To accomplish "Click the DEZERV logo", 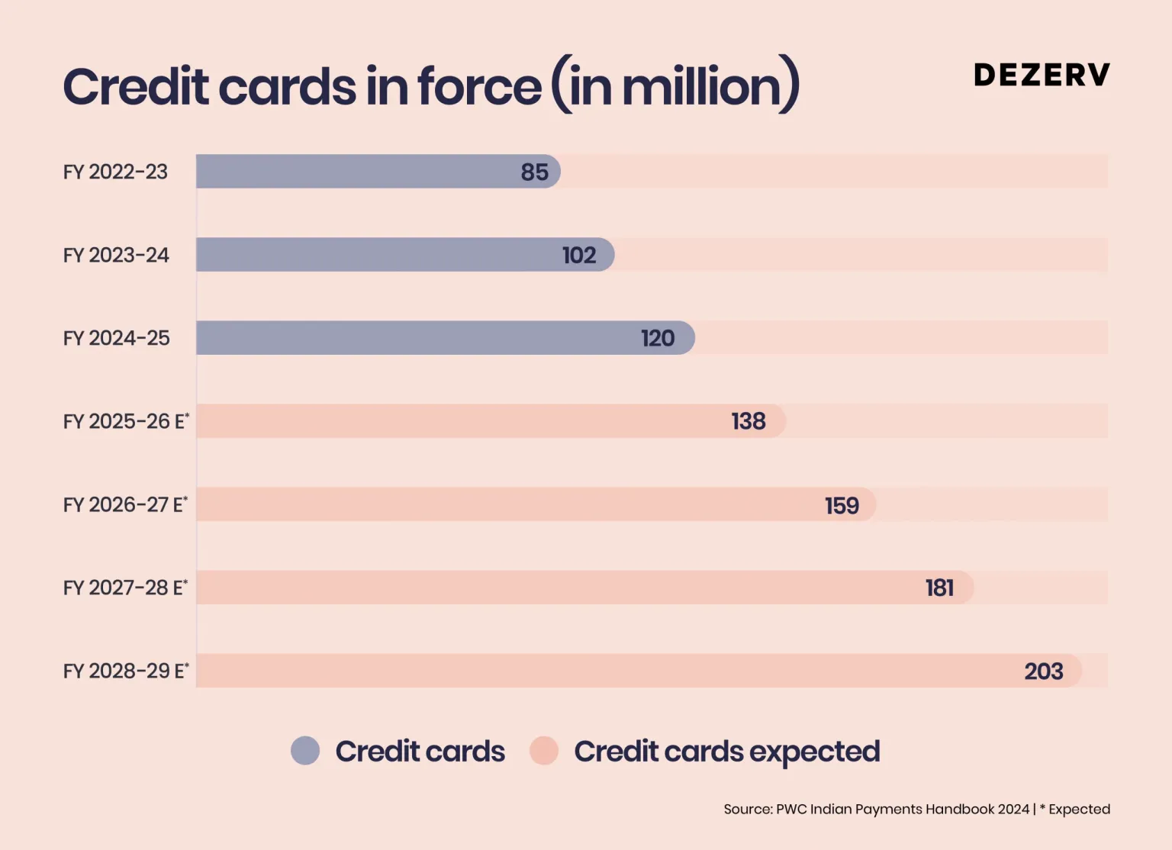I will (x=1042, y=75).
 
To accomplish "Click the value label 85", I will (x=535, y=172).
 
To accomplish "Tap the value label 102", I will (x=579, y=255).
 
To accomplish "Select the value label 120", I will (x=658, y=338).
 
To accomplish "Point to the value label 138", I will (x=749, y=421).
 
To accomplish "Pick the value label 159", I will (x=842, y=505).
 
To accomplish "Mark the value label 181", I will (x=939, y=588).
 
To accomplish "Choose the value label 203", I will (x=1043, y=671).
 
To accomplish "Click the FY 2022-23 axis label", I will (x=115, y=172).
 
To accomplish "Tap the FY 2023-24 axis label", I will (x=116, y=255).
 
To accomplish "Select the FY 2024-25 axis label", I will (x=117, y=338).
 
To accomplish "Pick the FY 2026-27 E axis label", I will (x=125, y=504).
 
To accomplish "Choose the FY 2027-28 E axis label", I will (x=125, y=588).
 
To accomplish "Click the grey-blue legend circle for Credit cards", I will (x=305, y=751).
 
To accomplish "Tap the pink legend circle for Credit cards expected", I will (x=544, y=751).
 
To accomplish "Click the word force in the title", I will (x=480, y=86).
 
